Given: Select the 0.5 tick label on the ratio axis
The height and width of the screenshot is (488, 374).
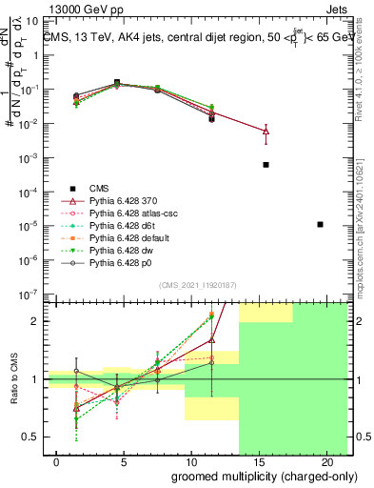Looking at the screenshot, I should pos(30,437).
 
